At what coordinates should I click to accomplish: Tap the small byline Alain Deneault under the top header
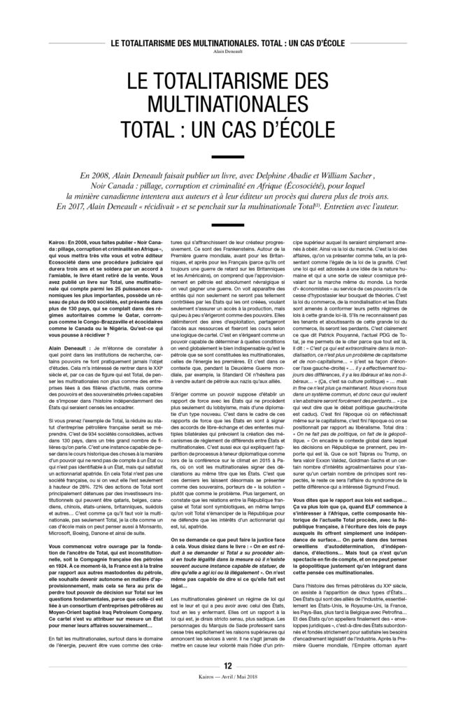(x=228, y=50)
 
